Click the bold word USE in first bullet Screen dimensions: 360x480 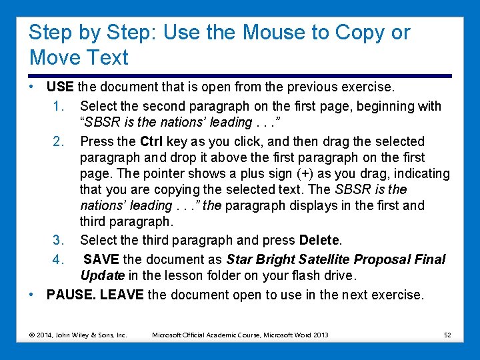tap(61, 87)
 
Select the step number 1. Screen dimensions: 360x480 tap(58, 106)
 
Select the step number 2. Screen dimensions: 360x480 tap(58, 141)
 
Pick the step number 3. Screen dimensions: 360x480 tap(58, 239)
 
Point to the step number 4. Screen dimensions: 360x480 tap(58, 259)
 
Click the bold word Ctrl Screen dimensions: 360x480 tap(151, 141)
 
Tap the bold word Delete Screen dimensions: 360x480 tap(320, 239)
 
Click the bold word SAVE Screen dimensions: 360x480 tap(101, 259)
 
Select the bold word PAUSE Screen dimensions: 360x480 tap(71, 295)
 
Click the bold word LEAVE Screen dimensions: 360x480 tap(121, 295)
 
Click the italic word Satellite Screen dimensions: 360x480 tap(318, 259)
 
